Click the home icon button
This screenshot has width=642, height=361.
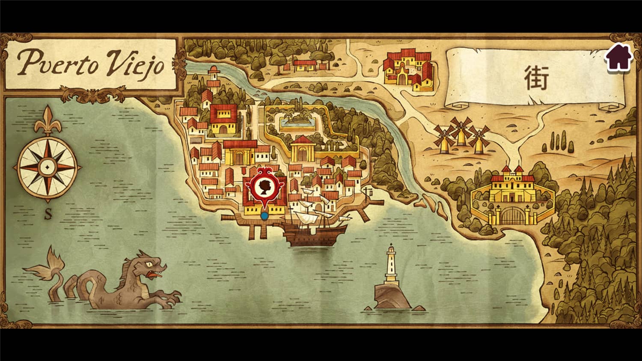[618, 58]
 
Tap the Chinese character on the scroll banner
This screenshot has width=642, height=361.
[536, 79]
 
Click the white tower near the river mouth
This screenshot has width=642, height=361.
[213, 77]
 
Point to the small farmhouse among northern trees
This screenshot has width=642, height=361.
[305, 65]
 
